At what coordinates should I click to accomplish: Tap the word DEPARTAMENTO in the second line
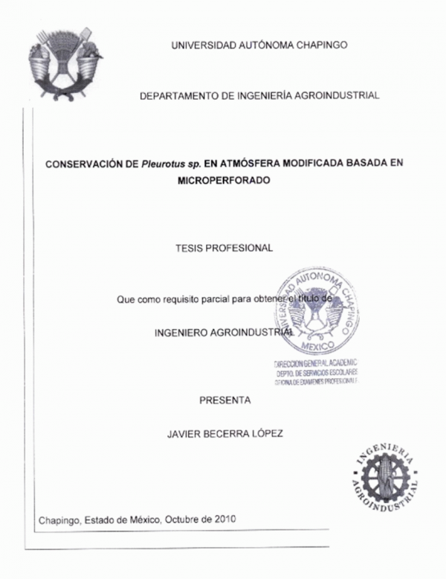[x=178, y=95]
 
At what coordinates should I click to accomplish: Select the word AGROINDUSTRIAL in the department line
[x=341, y=95]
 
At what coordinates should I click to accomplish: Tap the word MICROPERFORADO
[x=224, y=179]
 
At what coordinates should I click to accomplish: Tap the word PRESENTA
[x=225, y=400]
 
